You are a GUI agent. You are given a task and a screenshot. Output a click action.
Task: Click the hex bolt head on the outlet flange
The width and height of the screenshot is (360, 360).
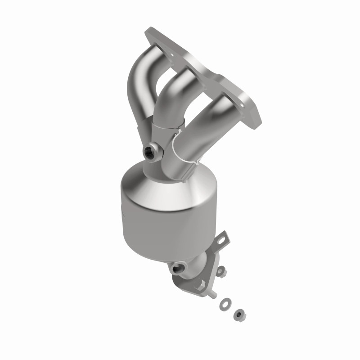click(200, 284)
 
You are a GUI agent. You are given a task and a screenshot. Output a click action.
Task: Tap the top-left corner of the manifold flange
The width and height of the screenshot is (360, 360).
click(148, 31)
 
